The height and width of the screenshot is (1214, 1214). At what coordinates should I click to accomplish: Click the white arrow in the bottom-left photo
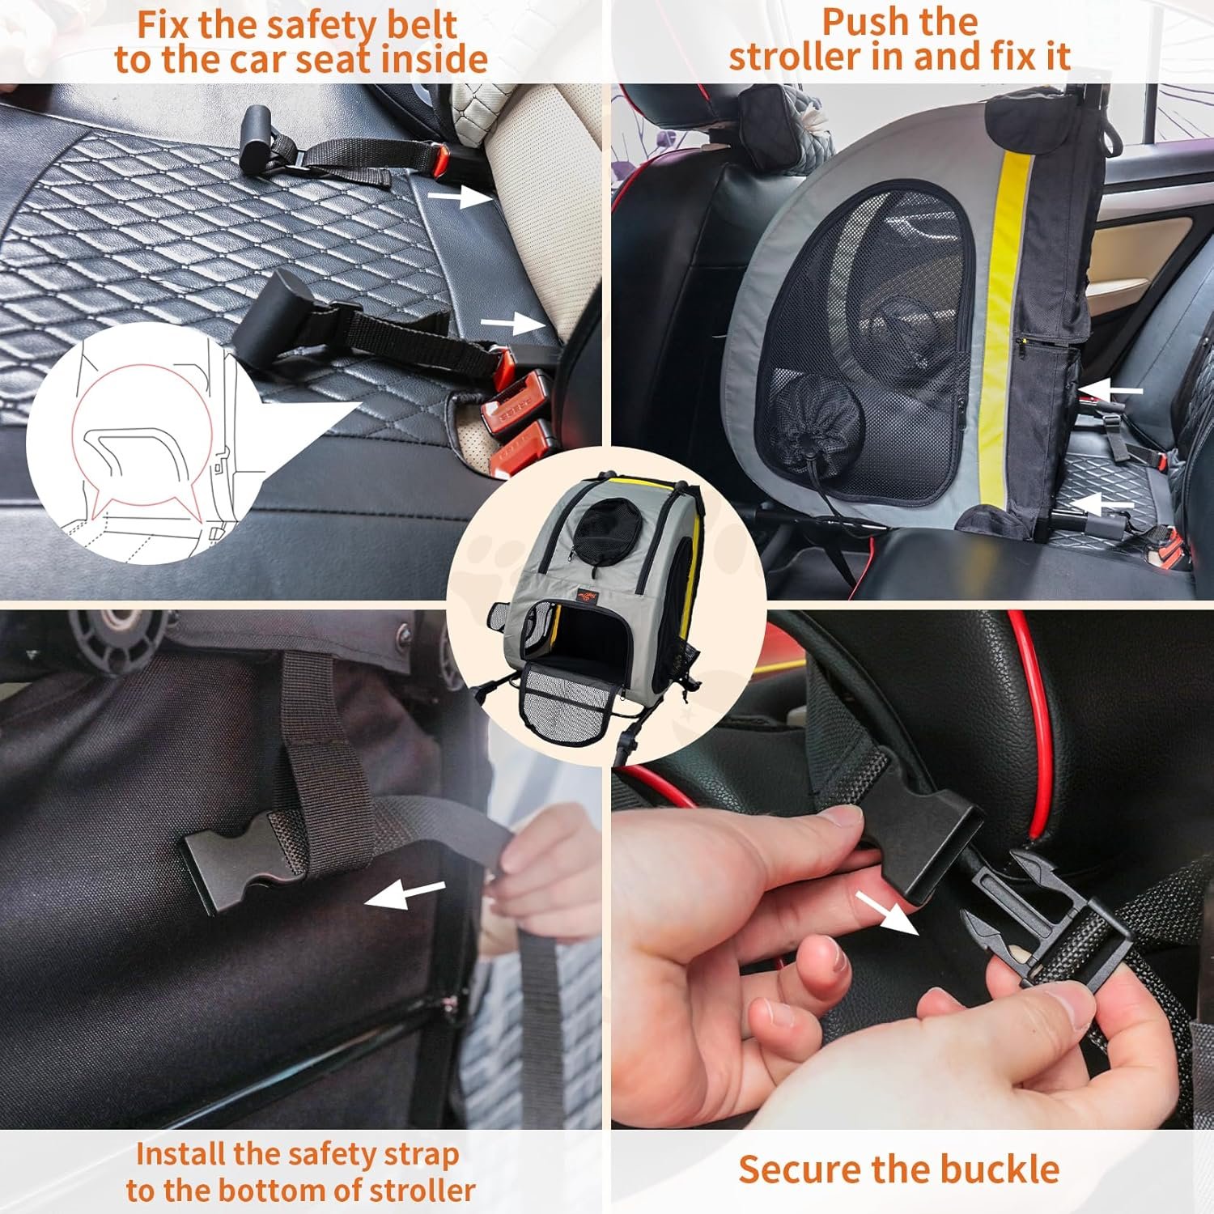(x=404, y=894)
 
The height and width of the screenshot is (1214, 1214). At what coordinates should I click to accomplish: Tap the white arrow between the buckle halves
(x=887, y=912)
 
